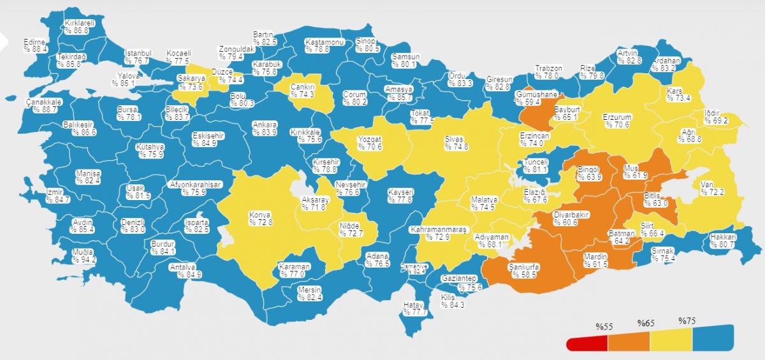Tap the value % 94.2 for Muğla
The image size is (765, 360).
point(84,259)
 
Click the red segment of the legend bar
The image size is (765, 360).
point(586,344)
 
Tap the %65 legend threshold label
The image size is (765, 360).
point(646,323)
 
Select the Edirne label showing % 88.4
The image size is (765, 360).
point(36,45)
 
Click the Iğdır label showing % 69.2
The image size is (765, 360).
point(715,116)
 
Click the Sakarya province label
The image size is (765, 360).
point(189,83)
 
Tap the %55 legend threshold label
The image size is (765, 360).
point(604,327)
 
